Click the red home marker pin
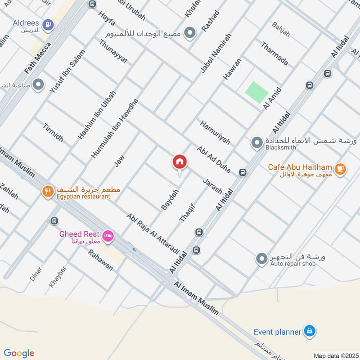(x=180, y=162)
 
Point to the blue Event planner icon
(x=309, y=332)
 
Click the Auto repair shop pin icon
(x=261, y=259)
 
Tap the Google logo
(x=19, y=353)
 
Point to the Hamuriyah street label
(x=215, y=132)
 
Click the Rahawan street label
(x=100, y=260)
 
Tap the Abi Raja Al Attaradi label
(x=153, y=234)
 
